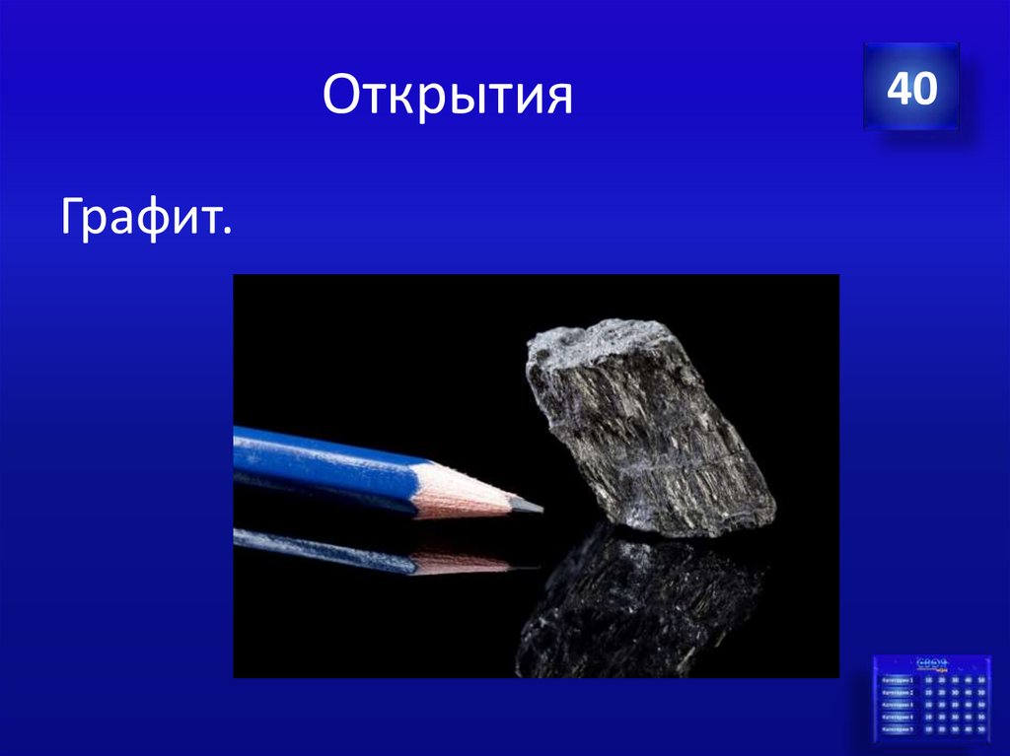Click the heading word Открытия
(x=447, y=99)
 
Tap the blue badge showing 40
(x=910, y=88)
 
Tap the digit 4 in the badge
(x=899, y=89)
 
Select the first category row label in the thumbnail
(x=898, y=680)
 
